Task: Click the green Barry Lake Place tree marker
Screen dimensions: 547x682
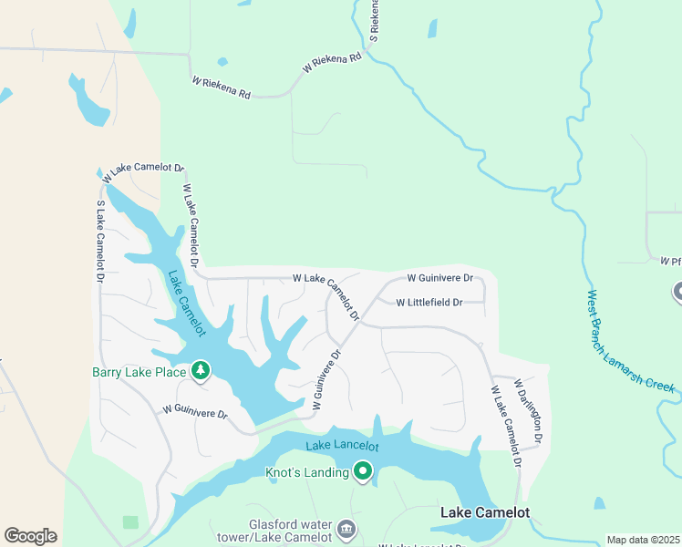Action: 201,371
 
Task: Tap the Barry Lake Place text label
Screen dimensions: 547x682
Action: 139,371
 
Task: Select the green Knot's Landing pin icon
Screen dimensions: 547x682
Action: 363,471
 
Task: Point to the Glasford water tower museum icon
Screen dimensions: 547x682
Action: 346,529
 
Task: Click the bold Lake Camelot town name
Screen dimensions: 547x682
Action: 484,512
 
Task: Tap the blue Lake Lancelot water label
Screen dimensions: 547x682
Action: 342,446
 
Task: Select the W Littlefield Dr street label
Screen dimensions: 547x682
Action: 429,303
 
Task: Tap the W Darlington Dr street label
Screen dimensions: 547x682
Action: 528,412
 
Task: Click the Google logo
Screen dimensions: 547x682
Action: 30,536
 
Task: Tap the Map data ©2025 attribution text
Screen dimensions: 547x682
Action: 642,540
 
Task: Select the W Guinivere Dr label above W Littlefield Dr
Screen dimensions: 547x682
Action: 439,277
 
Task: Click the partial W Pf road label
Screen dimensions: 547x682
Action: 670,262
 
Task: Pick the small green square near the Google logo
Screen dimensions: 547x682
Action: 130,522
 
